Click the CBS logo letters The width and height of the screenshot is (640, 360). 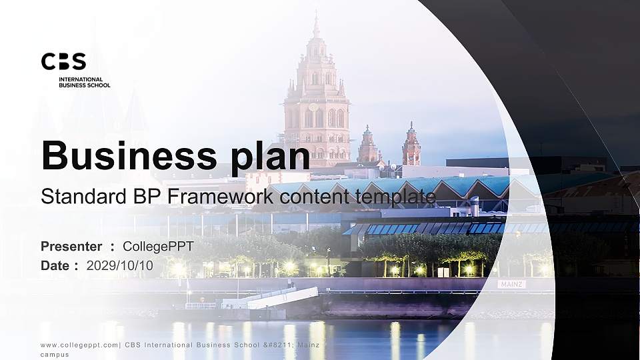(x=63, y=62)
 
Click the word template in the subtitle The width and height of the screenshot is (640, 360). (x=395, y=197)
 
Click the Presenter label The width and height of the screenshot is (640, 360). (x=71, y=247)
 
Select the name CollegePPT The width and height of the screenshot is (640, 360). (x=158, y=247)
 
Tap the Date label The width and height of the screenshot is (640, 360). (x=55, y=265)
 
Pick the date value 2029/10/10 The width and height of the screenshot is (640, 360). (x=120, y=265)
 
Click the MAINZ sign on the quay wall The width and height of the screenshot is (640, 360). (x=511, y=284)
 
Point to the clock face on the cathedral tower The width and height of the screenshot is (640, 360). (x=313, y=107)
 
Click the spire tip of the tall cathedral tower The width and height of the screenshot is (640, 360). (x=316, y=15)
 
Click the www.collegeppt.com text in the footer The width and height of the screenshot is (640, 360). (x=79, y=345)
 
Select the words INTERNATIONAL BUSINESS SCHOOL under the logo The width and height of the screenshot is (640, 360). (x=84, y=82)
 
